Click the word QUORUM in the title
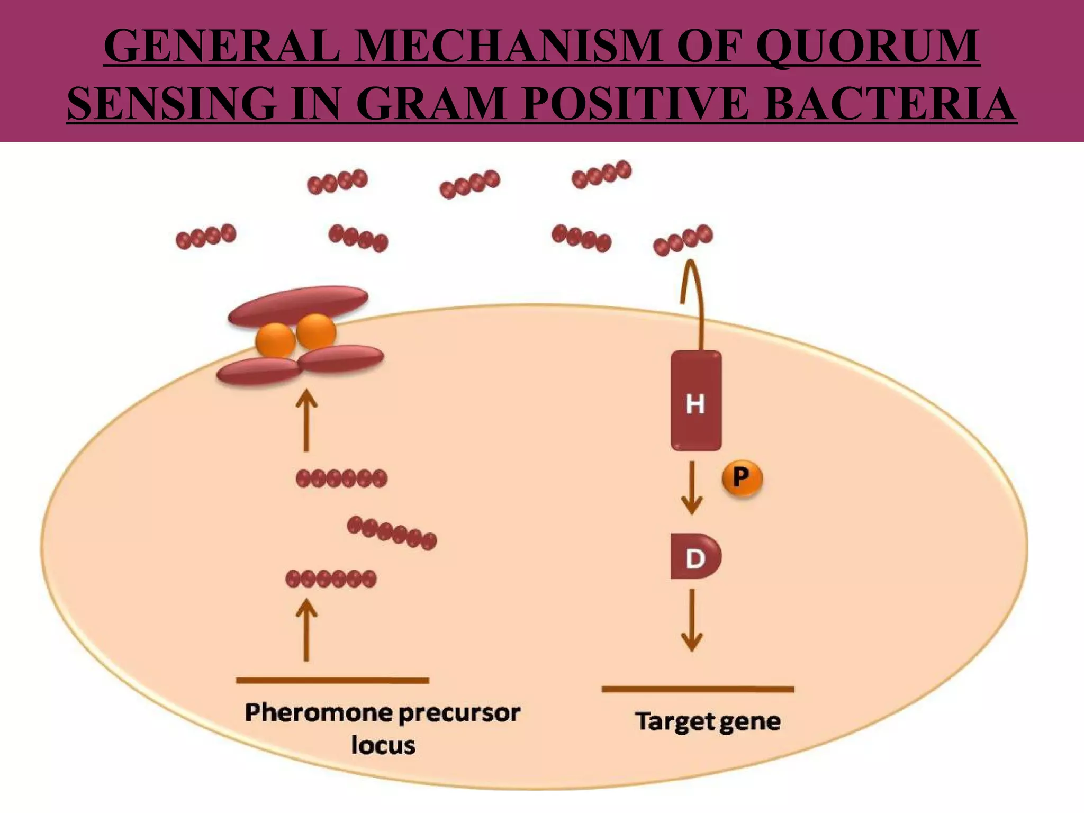click(868, 47)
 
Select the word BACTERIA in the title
click(890, 104)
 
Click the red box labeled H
click(695, 401)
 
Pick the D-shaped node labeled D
click(694, 557)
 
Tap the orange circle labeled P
click(742, 478)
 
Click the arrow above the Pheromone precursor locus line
click(306, 630)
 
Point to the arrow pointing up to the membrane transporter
click(306, 421)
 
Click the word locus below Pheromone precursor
click(383, 746)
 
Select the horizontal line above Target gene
click(698, 689)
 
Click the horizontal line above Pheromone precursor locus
click(332, 681)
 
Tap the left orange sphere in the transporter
click(275, 340)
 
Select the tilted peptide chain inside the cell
click(392, 533)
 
